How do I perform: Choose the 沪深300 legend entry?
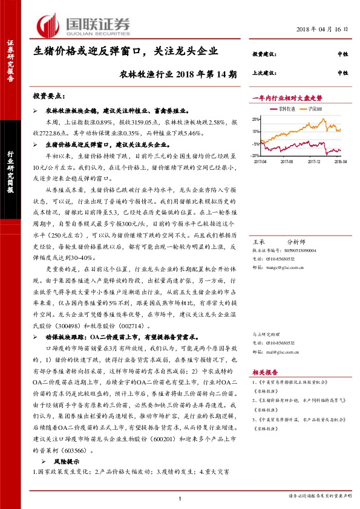tap(315, 109)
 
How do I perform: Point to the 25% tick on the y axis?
tap(257, 119)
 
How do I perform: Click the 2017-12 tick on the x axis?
tap(313, 161)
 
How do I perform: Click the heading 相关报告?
tap(265, 374)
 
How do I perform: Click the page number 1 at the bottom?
tap(180, 497)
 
